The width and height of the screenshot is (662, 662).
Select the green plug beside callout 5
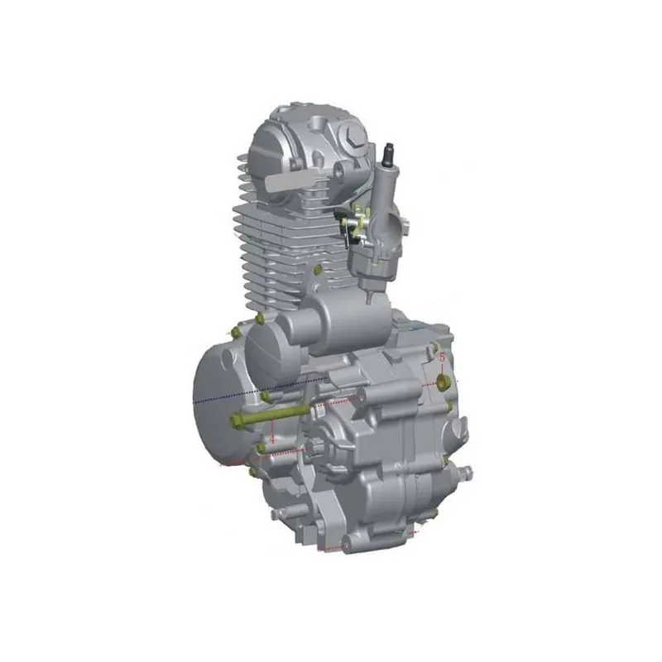click(x=444, y=381)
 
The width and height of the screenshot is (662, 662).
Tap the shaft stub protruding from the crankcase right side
click(x=466, y=473)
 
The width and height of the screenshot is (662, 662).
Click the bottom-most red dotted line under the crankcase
click(x=331, y=549)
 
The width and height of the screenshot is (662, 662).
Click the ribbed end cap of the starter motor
click(x=265, y=348)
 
